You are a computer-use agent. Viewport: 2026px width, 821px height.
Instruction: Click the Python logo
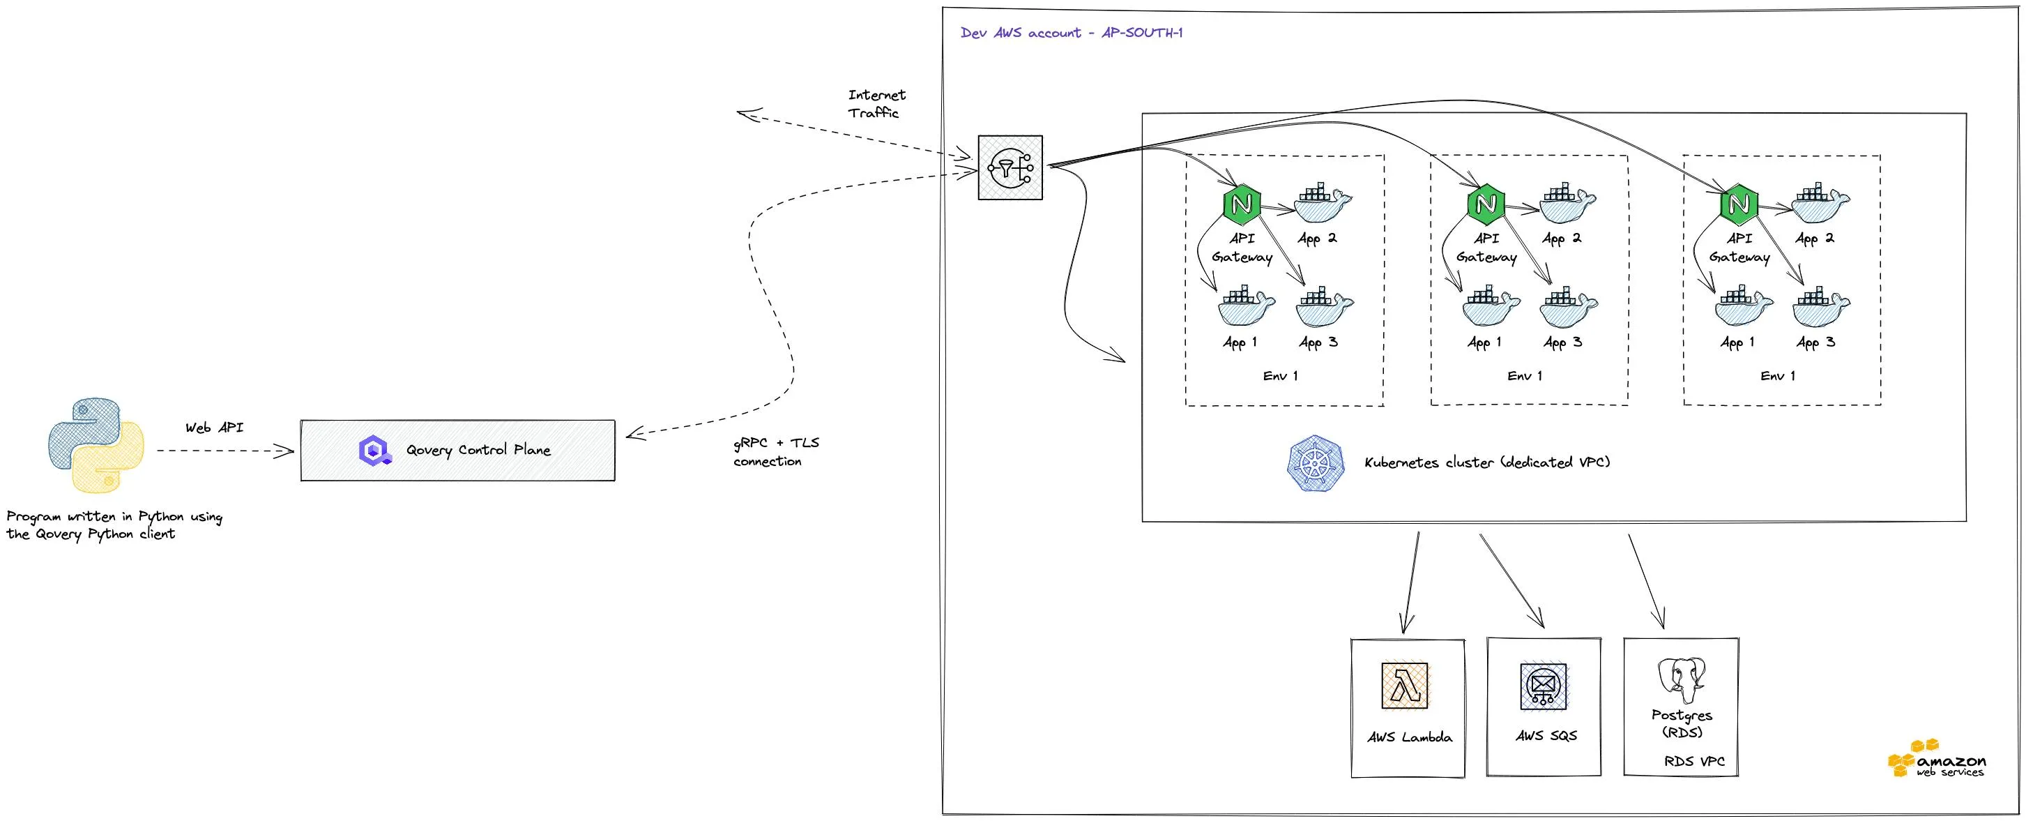click(96, 445)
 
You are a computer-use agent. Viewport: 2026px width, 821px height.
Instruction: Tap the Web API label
click(214, 428)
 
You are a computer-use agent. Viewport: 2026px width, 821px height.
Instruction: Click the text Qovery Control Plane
click(478, 450)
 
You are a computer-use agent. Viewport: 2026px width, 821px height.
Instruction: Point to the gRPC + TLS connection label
click(775, 452)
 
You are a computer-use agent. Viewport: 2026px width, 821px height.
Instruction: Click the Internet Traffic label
click(876, 104)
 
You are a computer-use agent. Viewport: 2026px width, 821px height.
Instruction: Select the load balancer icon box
click(1010, 167)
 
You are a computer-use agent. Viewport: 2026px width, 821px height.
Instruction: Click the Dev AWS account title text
click(1071, 33)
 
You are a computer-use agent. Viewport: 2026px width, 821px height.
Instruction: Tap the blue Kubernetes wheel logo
click(1315, 463)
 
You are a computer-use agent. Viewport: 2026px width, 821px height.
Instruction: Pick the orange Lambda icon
click(1405, 686)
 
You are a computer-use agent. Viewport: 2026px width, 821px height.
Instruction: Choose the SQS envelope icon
click(1543, 686)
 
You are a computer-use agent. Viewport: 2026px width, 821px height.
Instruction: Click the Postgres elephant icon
click(1682, 680)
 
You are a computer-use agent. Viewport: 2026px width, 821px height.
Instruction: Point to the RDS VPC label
click(1694, 762)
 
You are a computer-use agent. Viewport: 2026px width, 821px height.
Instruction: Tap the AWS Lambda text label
click(1410, 737)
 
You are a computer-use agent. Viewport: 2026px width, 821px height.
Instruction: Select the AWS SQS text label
click(1546, 736)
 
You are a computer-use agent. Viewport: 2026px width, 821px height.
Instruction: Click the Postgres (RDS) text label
click(1682, 723)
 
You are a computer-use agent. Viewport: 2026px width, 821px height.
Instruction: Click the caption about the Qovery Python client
click(114, 525)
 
